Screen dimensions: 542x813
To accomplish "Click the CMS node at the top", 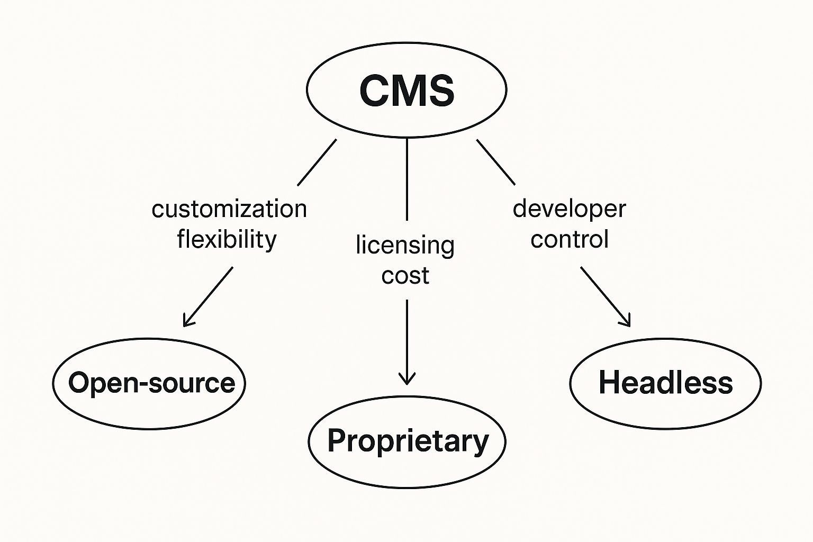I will pyautogui.click(x=406, y=90).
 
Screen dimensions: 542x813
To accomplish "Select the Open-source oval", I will pyautogui.click(x=149, y=383).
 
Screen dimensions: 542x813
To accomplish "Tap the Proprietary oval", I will pyautogui.click(x=407, y=441).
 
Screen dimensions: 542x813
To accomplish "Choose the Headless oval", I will pyautogui.click(x=665, y=383).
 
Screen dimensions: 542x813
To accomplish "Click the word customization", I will pyautogui.click(x=229, y=209).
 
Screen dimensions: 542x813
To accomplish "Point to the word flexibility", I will pyautogui.click(x=227, y=239).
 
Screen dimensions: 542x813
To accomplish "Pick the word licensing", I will pyautogui.click(x=405, y=246).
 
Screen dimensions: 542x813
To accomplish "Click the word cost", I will pyautogui.click(x=405, y=276).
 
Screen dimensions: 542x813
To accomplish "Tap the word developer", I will pyautogui.click(x=569, y=209).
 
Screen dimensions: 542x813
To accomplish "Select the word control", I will pyautogui.click(x=570, y=239).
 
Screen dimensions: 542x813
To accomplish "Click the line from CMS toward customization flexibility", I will pyautogui.click(x=317, y=162).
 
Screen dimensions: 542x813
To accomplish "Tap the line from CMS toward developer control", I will pyautogui.click(x=496, y=162).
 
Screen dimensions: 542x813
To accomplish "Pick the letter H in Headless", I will pyautogui.click(x=608, y=383).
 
